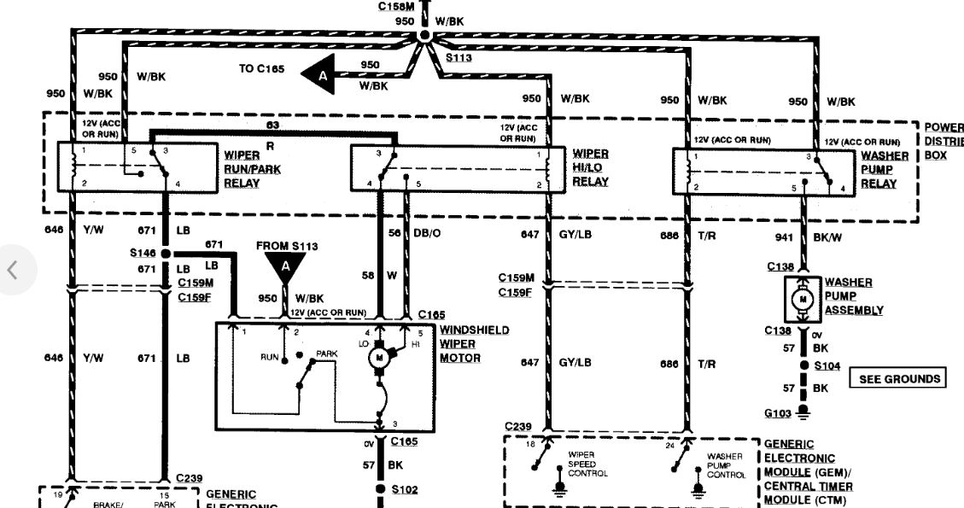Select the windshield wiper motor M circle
click(x=378, y=359)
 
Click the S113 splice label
click(x=459, y=57)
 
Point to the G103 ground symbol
click(x=802, y=412)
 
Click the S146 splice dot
click(x=165, y=254)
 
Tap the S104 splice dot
click(x=802, y=365)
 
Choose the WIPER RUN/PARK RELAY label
click(x=252, y=162)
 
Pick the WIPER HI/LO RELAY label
click(x=591, y=167)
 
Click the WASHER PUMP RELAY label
click(x=884, y=169)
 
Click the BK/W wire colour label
click(x=826, y=238)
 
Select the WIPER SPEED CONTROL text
click(x=587, y=464)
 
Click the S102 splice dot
click(x=378, y=490)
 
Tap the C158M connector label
click(x=396, y=6)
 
